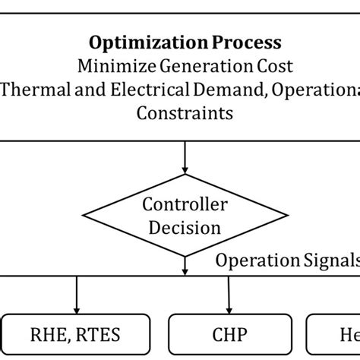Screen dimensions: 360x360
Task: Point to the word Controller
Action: (185, 205)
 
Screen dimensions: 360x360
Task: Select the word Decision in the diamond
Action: (185, 226)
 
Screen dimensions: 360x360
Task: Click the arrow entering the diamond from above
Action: (185, 159)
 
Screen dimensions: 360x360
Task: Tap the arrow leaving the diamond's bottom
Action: (185, 264)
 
